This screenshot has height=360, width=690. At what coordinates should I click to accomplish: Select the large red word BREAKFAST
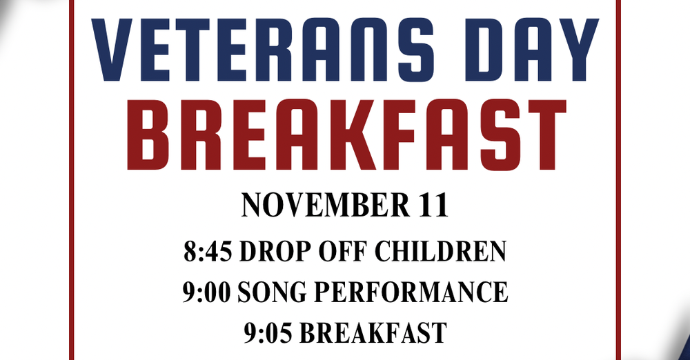point(344,137)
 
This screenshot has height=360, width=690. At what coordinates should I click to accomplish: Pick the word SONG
point(270,292)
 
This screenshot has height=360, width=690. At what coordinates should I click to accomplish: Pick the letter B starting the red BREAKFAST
point(149,137)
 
